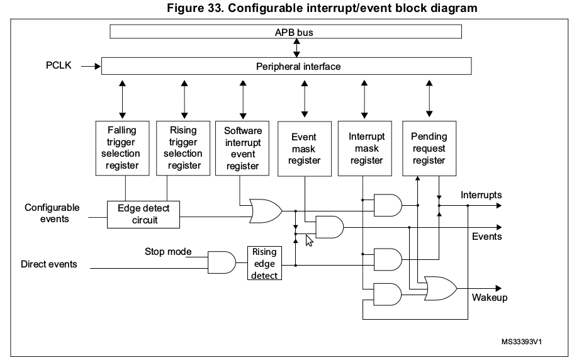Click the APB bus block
tap(286, 31)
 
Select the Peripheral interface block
tap(286, 66)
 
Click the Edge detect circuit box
tap(143, 214)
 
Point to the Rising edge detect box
tap(264, 263)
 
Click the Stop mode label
tap(168, 252)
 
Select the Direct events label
tap(49, 264)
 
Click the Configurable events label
tap(52, 213)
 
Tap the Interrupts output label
tap(481, 195)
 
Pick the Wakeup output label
tap(489, 297)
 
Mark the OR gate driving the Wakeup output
tap(441, 288)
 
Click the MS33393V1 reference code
tap(522, 342)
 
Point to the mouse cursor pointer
tap(308, 240)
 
